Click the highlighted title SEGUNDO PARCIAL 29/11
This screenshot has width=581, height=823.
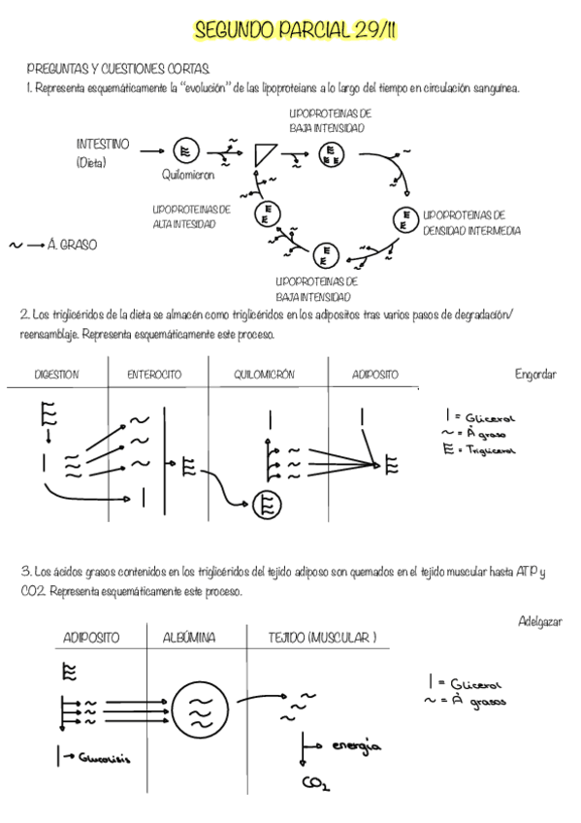pos(295,32)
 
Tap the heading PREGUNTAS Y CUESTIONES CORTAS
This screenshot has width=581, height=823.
pos(118,70)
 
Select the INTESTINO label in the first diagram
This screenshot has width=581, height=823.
pos(102,144)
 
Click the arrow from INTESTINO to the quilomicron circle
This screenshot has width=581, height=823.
pos(151,150)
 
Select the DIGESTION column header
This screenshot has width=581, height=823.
pos(56,375)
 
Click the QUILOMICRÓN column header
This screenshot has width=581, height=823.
pos(264,375)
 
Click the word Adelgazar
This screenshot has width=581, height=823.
pos(540,620)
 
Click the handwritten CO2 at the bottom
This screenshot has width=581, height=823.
pos(314,784)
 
